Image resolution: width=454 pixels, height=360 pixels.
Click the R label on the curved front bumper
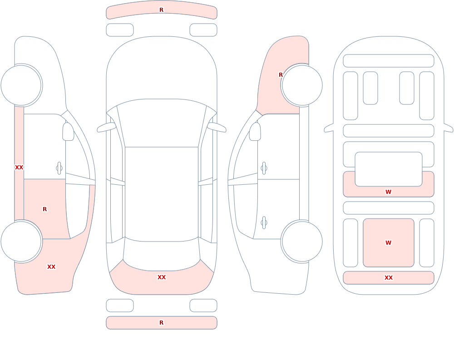click(x=161, y=10)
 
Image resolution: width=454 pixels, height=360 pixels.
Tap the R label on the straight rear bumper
click(x=161, y=323)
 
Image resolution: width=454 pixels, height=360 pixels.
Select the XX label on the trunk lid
click(x=162, y=277)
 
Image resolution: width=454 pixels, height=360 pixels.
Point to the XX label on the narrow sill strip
click(x=19, y=168)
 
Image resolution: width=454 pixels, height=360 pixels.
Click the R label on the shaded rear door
click(x=44, y=209)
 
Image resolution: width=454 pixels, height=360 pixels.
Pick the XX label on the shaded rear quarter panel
click(x=51, y=267)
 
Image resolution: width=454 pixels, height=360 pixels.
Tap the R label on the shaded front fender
click(x=281, y=75)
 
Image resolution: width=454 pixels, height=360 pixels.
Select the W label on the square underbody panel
click(x=388, y=243)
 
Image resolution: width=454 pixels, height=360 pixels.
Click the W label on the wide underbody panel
click(x=388, y=192)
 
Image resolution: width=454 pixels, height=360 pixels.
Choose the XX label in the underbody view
click(x=389, y=278)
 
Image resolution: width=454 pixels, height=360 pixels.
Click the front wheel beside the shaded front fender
click(x=302, y=85)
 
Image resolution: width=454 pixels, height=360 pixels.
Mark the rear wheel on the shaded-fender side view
click(x=302, y=242)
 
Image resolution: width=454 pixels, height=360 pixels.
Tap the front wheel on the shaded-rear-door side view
click(x=21, y=85)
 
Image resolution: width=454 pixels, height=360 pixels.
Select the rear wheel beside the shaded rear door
click(x=21, y=242)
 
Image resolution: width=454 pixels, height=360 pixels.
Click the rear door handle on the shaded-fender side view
click(x=264, y=223)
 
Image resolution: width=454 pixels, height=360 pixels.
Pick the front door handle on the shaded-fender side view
click(x=264, y=168)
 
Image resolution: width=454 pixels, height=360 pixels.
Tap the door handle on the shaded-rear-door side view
click(x=59, y=168)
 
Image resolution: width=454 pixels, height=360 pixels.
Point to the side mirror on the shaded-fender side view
click(x=255, y=132)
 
